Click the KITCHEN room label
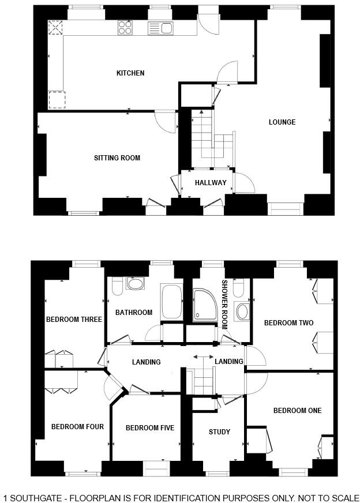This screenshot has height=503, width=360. point(130,73)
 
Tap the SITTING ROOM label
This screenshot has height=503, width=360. point(117,157)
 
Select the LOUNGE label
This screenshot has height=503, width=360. point(282,122)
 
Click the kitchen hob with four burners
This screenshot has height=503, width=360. point(125,27)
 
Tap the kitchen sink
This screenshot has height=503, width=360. point(160,27)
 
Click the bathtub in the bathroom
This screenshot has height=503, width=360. point(172,301)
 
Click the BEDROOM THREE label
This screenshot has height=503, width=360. point(74,320)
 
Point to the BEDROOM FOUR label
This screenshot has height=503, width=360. point(77,427)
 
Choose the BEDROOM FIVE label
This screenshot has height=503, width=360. point(150,427)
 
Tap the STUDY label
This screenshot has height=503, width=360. point(219,431)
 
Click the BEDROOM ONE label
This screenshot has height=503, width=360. point(297,411)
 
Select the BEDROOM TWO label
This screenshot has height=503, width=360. point(288,323)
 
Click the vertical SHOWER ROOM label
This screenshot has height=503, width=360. point(225,304)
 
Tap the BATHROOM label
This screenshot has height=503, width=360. point(134,313)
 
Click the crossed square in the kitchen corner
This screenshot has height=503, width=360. point(57,28)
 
